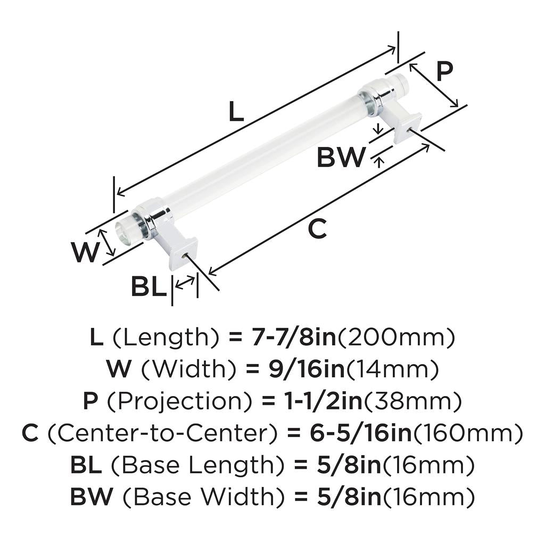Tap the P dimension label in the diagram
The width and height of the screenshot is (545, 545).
(444, 71)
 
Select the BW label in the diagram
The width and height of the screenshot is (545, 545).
(341, 157)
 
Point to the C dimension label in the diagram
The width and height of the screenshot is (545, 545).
(317, 228)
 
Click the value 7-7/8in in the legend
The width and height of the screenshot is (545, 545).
(294, 337)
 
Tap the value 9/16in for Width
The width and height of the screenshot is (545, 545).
(306, 369)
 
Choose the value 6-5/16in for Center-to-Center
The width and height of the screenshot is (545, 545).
(361, 433)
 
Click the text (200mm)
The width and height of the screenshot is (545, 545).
(396, 337)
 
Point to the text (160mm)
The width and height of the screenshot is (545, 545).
(468, 433)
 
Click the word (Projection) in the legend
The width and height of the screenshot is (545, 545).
(179, 401)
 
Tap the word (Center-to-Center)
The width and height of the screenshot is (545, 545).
(162, 433)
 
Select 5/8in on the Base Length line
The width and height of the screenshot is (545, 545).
(349, 465)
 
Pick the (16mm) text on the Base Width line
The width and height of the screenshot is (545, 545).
(428, 497)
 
